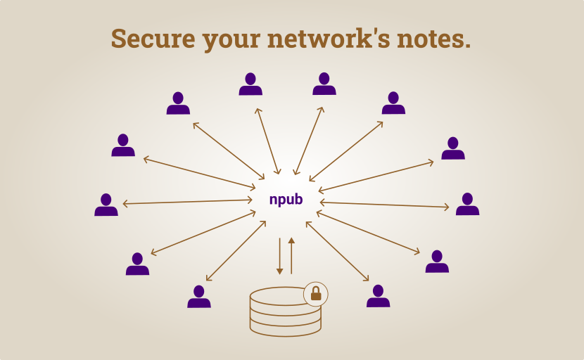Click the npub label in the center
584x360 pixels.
point(286,200)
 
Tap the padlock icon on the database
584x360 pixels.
point(316,293)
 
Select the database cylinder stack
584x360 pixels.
point(285,311)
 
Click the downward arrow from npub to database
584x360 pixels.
point(280,256)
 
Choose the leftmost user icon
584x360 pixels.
point(106,205)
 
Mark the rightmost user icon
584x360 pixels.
point(467,204)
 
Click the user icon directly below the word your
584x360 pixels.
point(250,84)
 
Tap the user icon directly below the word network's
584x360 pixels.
point(324,84)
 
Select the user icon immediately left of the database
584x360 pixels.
point(199,297)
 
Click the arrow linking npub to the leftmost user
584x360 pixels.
point(188,202)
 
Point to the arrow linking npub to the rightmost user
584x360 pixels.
point(384,205)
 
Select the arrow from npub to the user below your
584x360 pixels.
point(268,141)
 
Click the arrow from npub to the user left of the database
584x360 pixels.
point(236,251)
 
